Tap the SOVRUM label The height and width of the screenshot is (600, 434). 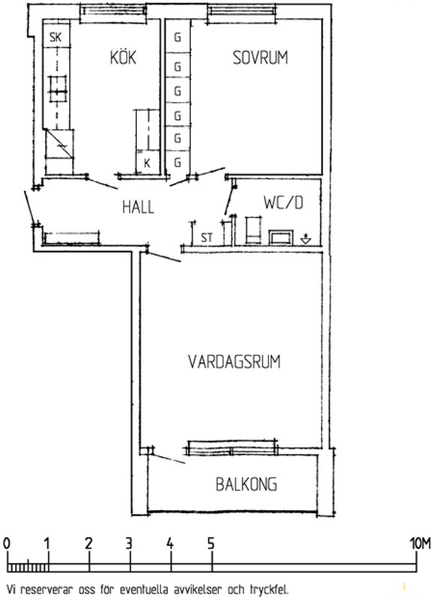point(260,58)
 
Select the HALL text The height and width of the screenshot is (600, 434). point(138,207)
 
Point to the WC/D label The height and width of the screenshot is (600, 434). point(283,202)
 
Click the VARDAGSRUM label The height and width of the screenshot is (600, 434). point(235,361)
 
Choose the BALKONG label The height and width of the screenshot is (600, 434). point(247,484)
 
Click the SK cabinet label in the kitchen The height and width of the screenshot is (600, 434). point(55,37)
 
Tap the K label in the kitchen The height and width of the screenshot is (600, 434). point(147,163)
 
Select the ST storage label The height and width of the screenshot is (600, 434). point(206,238)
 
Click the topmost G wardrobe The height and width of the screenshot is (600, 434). point(178,37)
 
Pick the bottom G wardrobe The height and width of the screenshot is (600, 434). point(178,163)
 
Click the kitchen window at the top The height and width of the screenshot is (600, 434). point(114,10)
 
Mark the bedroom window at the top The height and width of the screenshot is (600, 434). point(241,10)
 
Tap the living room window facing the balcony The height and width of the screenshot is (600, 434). point(232,448)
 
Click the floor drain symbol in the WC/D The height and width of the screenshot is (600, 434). point(306,239)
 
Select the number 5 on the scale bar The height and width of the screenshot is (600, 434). point(211,543)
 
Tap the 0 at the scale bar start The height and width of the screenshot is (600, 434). point(7,543)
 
